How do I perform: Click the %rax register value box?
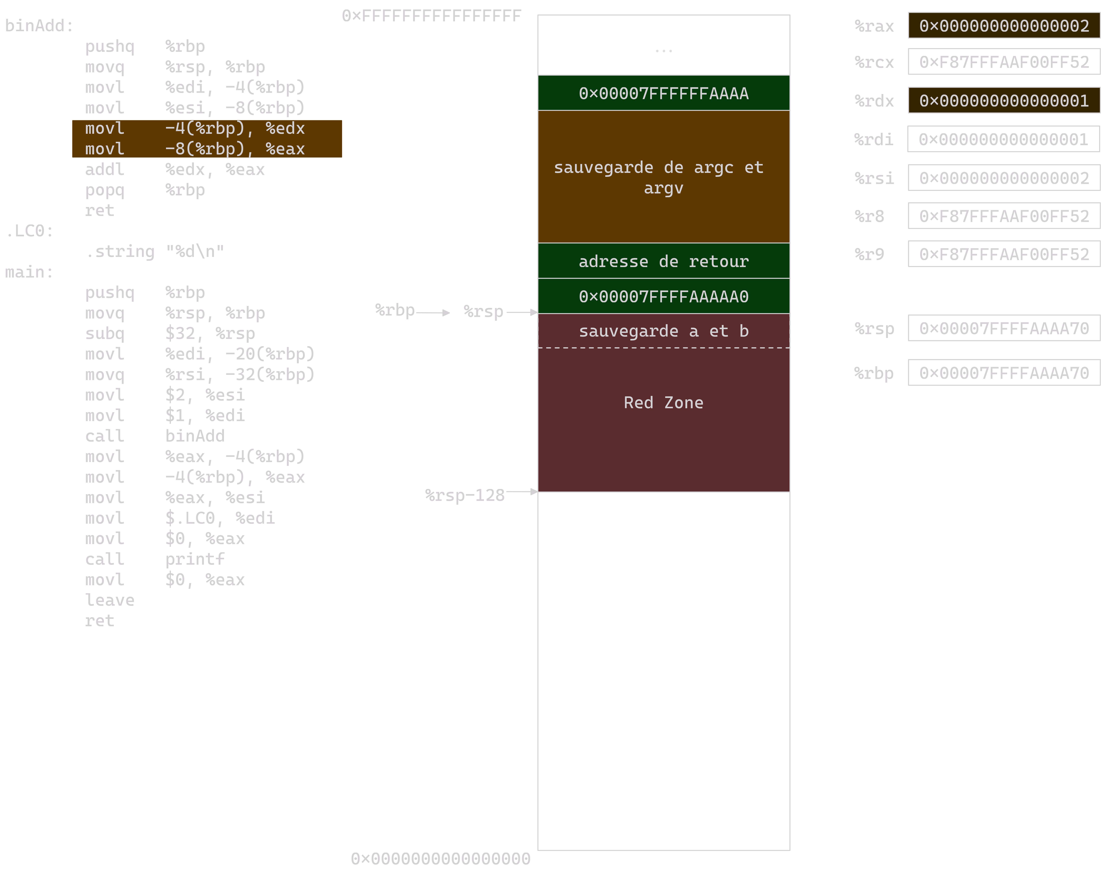click(1004, 25)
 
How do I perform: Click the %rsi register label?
click(874, 178)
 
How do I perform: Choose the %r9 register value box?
click(1004, 254)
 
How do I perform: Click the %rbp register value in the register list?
click(1004, 373)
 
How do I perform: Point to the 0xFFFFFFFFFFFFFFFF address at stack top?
click(432, 16)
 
